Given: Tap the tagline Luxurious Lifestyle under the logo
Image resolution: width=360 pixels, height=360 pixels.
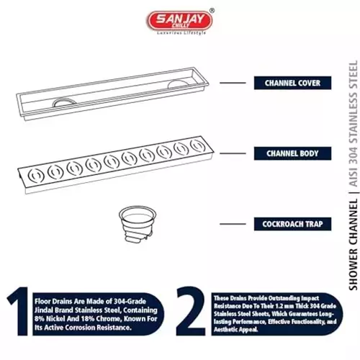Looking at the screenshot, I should tap(178, 33).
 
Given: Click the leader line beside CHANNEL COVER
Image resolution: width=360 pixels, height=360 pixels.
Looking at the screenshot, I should tap(233, 83).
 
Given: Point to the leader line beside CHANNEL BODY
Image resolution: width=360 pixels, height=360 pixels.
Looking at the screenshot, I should tap(233, 153).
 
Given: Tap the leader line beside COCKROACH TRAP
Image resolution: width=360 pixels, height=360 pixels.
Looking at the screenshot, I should tap(233, 225).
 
